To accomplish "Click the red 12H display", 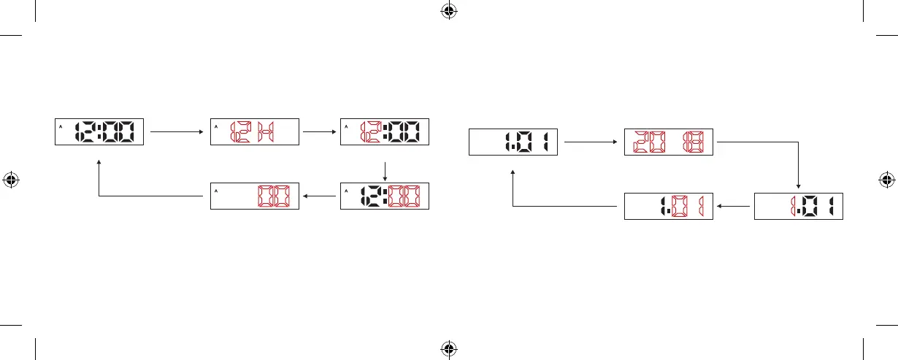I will (x=253, y=132).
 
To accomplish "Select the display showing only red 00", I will (x=253, y=196).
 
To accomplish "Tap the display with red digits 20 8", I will (x=668, y=142).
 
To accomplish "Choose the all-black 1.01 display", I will (x=513, y=142).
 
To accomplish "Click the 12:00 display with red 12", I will (x=385, y=132).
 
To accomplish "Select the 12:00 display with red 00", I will (x=385, y=196).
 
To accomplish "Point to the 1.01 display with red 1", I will (x=798, y=206).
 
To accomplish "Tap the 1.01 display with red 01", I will (x=668, y=206).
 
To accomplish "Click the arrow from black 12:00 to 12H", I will (x=177, y=132).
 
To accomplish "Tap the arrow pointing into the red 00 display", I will (x=322, y=196).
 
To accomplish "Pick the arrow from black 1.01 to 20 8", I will (x=590, y=142).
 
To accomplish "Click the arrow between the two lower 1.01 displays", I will (x=733, y=206).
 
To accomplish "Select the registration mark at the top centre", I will (x=449, y=11).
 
